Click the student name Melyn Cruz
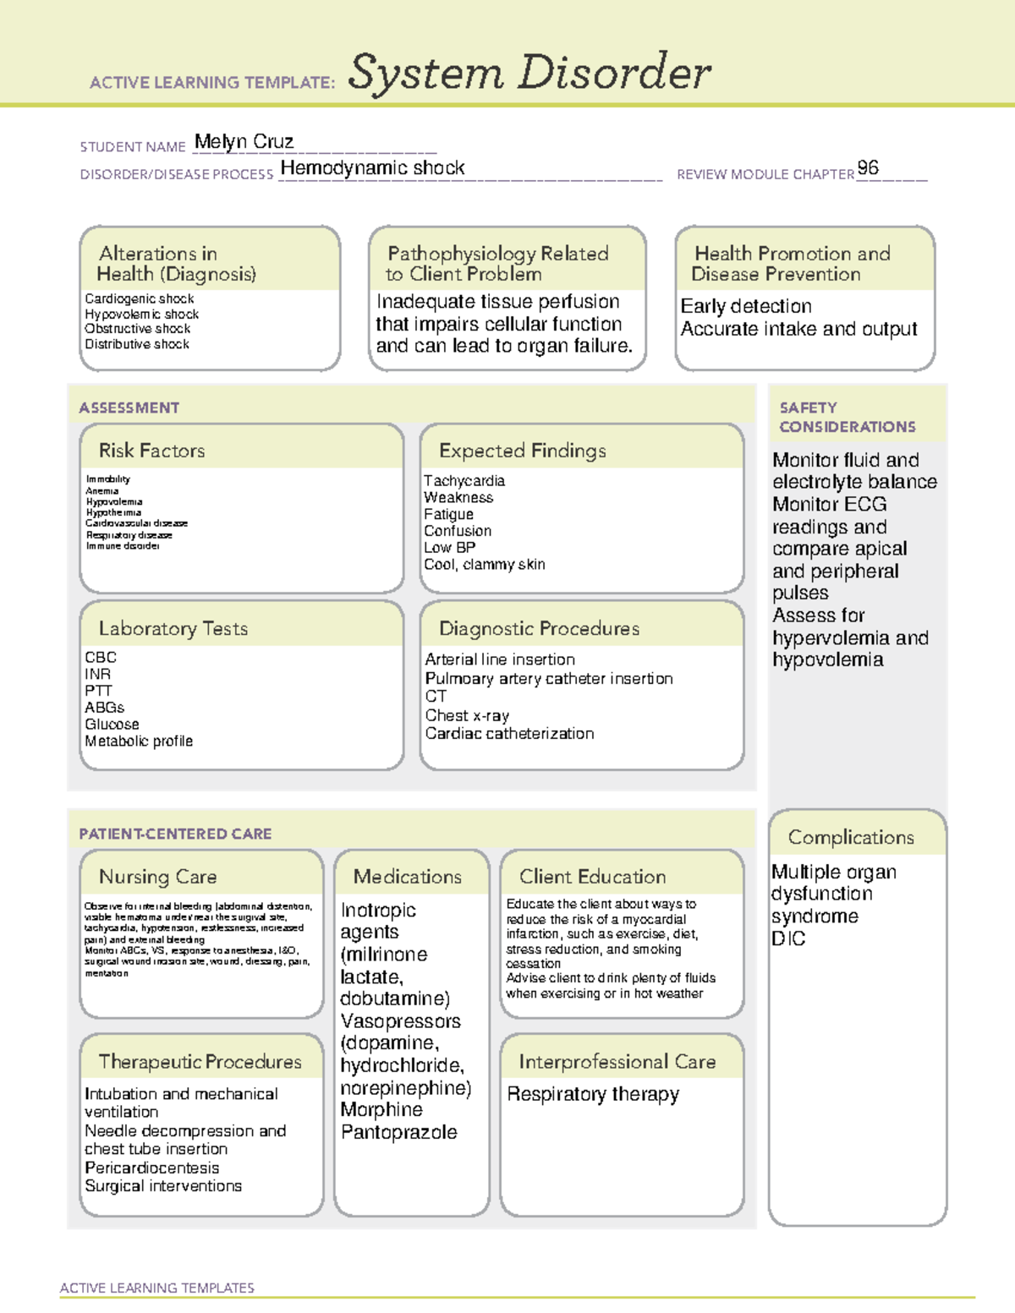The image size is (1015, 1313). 244,141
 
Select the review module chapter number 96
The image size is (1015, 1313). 868,167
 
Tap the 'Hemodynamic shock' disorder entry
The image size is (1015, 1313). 372,168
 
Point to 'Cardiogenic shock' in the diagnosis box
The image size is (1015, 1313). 140,298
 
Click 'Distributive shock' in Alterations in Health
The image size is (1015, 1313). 137,344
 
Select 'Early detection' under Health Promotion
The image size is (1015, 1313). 746,306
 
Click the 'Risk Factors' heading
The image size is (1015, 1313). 151,451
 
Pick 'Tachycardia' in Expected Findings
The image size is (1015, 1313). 464,480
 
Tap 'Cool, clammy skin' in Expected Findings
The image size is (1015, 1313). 485,564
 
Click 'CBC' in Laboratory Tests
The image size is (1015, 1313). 101,657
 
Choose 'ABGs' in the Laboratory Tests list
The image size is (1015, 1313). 104,707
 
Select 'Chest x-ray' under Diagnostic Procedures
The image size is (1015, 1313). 467,715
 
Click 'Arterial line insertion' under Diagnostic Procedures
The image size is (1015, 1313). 500,659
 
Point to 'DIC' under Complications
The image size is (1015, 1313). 788,938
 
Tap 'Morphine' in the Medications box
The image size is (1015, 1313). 381,1109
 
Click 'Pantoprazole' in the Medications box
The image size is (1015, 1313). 399,1132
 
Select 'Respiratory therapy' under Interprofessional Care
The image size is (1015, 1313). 593,1094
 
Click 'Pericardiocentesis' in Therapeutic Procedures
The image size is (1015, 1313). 152,1168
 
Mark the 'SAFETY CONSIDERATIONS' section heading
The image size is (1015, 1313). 847,417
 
